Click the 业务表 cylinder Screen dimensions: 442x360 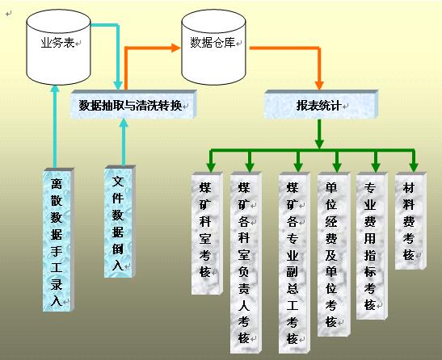[x=58, y=48]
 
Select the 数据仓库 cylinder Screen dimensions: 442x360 [x=213, y=48]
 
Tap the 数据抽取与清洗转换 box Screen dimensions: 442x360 [x=133, y=104]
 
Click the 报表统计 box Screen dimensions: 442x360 [x=321, y=104]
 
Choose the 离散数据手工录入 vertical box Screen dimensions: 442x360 [x=58, y=240]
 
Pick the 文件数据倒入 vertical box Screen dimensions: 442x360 [x=120, y=222]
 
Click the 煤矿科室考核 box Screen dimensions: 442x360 [x=207, y=233]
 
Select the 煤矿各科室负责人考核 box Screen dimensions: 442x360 [x=246, y=262]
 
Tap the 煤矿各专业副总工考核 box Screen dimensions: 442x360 [x=294, y=262]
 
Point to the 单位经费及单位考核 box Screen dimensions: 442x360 [x=334, y=254]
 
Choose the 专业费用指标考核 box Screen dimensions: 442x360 [x=372, y=246]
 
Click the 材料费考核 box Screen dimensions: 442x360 [x=410, y=221]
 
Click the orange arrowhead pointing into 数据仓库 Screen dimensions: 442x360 [x=175, y=48]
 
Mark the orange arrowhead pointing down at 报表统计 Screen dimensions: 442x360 [x=319, y=85]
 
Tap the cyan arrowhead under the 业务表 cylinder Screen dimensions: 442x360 [x=55, y=88]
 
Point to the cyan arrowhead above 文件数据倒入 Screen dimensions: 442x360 [x=124, y=123]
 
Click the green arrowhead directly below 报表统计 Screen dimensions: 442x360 [x=319, y=144]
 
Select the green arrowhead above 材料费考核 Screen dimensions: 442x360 [x=414, y=167]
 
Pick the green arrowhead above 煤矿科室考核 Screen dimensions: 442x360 [x=211, y=167]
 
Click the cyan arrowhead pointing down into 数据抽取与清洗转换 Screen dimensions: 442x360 [x=118, y=86]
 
